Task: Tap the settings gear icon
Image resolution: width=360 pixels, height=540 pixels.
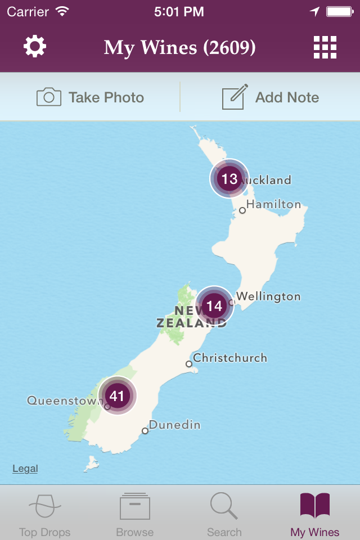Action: coord(35,47)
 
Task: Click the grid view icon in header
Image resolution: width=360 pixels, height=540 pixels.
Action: coord(325,47)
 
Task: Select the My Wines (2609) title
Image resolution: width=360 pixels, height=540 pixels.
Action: coord(179,48)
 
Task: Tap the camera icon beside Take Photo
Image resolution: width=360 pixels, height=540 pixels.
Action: coord(49,97)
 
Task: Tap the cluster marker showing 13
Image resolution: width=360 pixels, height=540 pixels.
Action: coord(229,179)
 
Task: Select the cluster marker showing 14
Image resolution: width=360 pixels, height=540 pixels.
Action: coord(214,306)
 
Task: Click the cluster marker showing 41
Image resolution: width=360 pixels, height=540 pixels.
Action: coord(117,396)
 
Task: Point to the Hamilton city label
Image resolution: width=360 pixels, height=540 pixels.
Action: coord(273,204)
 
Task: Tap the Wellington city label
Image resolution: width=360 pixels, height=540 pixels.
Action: coord(268,296)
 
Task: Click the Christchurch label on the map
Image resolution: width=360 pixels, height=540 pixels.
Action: coord(229,358)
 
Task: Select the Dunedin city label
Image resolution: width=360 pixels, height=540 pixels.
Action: coord(174,425)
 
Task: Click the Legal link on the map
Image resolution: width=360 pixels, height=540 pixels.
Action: coord(25,469)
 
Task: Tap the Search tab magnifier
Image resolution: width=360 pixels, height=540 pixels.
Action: coord(224,507)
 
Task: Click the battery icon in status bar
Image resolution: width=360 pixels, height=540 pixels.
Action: coord(339,11)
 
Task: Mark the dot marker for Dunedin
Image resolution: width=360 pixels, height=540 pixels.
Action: coord(145,431)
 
